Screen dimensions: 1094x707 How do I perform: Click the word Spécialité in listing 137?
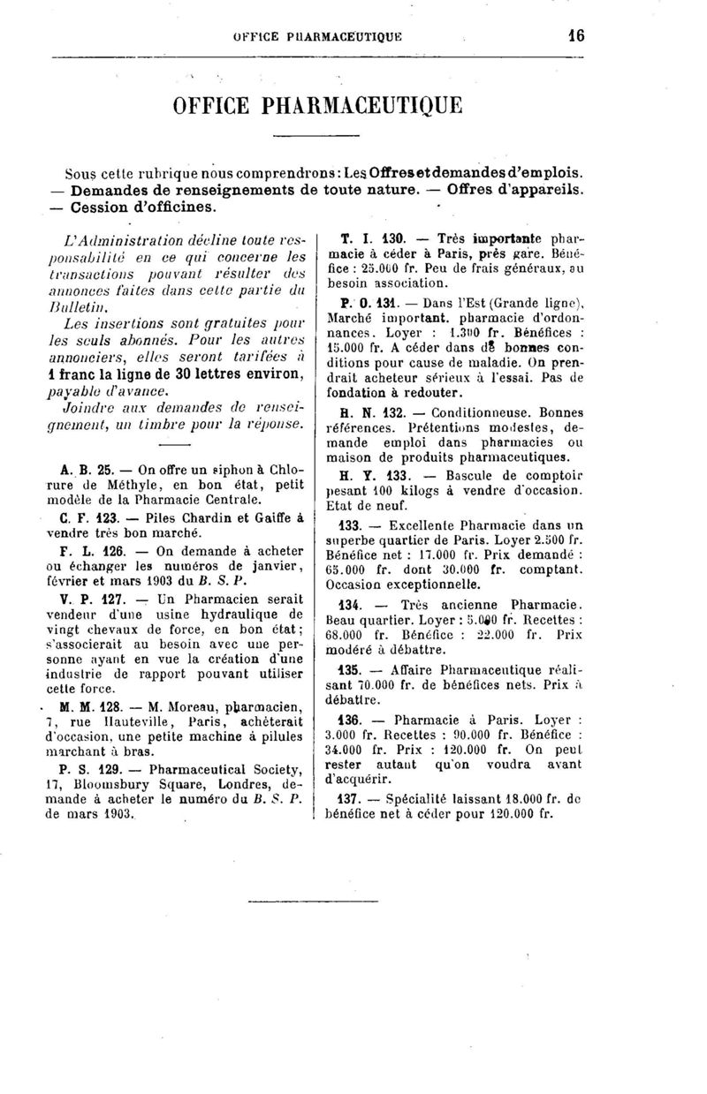[x=427, y=797]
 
